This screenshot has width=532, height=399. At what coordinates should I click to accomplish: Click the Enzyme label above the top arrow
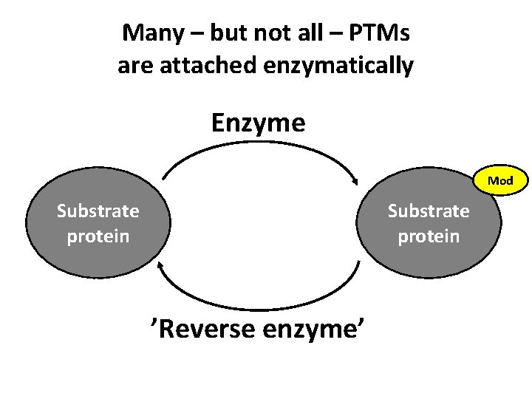click(258, 123)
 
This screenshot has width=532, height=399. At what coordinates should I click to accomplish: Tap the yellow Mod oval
click(500, 180)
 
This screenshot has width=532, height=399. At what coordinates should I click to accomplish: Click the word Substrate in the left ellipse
click(98, 211)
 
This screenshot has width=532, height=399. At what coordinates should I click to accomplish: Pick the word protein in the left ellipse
click(98, 236)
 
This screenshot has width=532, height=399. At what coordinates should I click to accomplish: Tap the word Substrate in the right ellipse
click(429, 211)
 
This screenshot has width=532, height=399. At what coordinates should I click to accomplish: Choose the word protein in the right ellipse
click(429, 236)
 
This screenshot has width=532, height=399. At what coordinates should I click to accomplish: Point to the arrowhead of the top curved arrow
click(357, 180)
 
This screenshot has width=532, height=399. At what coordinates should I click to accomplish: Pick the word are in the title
click(134, 66)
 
